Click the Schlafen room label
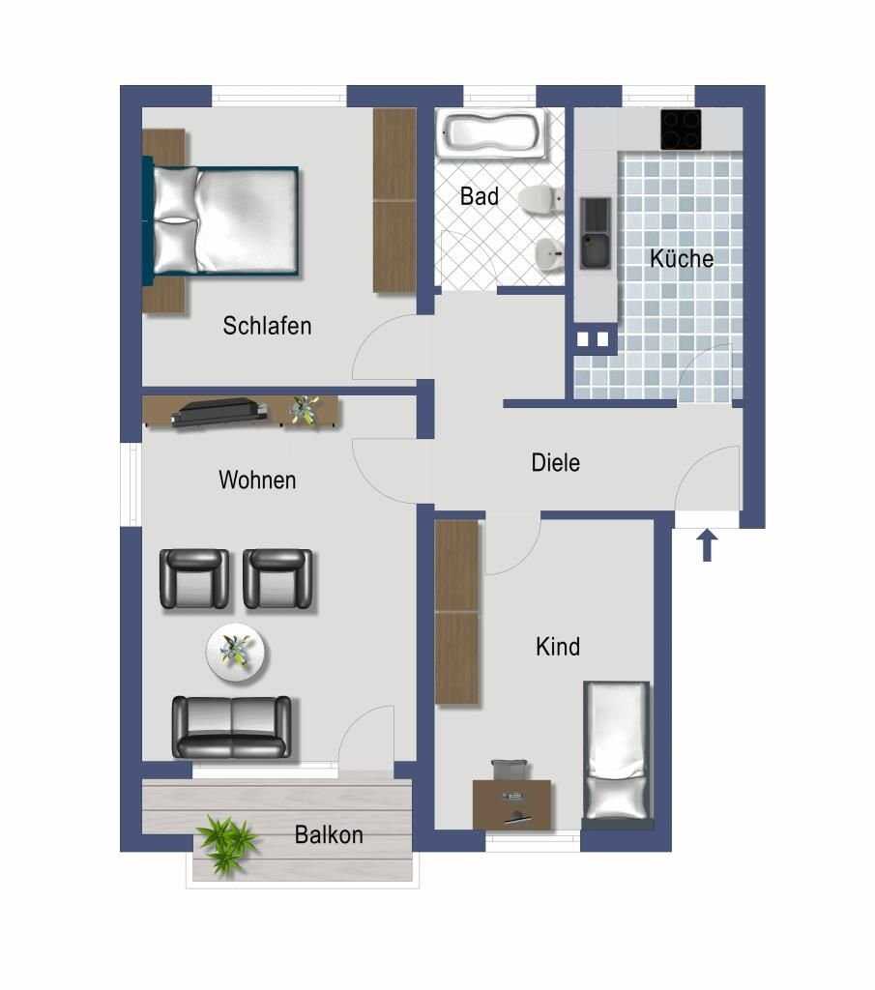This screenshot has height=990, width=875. tap(267, 326)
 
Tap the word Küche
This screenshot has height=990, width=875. tap(682, 258)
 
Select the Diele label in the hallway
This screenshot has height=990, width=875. tap(556, 463)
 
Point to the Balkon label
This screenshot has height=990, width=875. tap(329, 834)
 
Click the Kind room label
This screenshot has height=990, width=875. tap(558, 647)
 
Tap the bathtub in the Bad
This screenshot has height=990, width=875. tap(493, 134)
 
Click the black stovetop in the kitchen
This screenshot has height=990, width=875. tap(682, 130)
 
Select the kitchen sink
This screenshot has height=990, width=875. tap(596, 232)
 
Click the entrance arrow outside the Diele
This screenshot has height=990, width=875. tap(707, 545)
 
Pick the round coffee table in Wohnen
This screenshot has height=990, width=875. tap(236, 653)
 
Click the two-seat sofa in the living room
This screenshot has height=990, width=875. tap(232, 727)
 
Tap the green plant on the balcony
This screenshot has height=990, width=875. tap(226, 844)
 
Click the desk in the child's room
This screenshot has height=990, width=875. tap(512, 803)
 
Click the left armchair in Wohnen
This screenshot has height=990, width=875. tap(194, 579)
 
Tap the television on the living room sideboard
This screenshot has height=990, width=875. tap(219, 412)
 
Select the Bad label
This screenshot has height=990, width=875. tap(480, 196)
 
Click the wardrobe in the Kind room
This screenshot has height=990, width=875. tap(456, 612)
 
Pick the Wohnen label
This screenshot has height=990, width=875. tap(257, 480)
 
